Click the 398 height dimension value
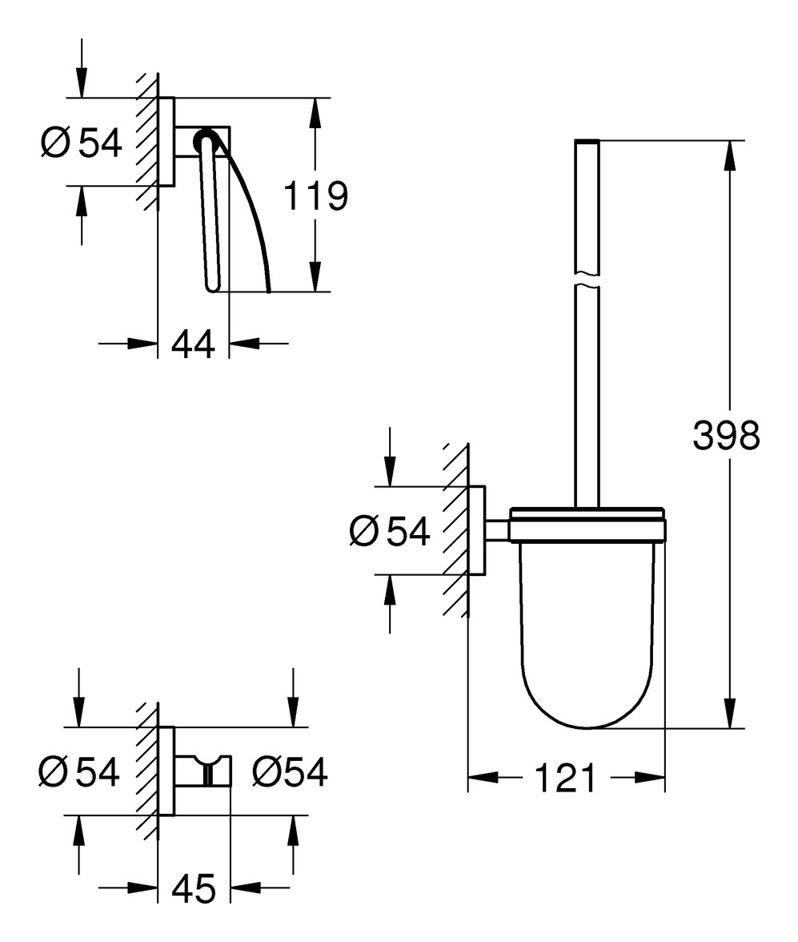click(726, 435)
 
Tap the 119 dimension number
click(315, 195)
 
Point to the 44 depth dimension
click(193, 344)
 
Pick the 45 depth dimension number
click(194, 888)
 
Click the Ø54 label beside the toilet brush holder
click(390, 531)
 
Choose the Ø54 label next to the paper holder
click(82, 143)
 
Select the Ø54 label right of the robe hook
click(290, 771)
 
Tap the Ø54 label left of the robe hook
click(78, 771)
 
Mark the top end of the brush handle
click(587, 141)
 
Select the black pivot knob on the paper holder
click(204, 141)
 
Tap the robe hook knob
click(208, 771)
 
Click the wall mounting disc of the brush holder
click(477, 530)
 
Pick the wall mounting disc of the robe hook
click(166, 771)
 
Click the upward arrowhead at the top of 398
click(729, 156)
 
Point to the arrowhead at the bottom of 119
click(315, 276)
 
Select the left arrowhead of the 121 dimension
click(483, 778)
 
